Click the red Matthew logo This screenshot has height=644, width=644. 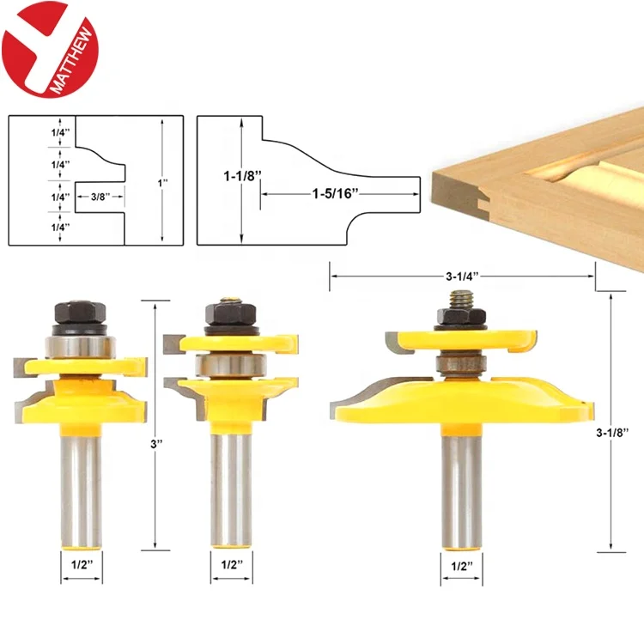coord(50,49)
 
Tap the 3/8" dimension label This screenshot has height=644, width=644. coord(100,197)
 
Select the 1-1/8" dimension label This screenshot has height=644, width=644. coord(242,176)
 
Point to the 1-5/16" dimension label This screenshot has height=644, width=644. coord(336,193)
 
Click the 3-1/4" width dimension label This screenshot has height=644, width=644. coord(463,276)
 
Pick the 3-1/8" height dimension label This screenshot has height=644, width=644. coord(612,432)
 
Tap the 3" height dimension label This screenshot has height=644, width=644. coord(156,444)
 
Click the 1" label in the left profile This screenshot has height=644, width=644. coord(162,182)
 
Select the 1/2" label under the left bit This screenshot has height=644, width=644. coord(82,565)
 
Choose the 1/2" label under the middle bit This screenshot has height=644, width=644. coord(232,565)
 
